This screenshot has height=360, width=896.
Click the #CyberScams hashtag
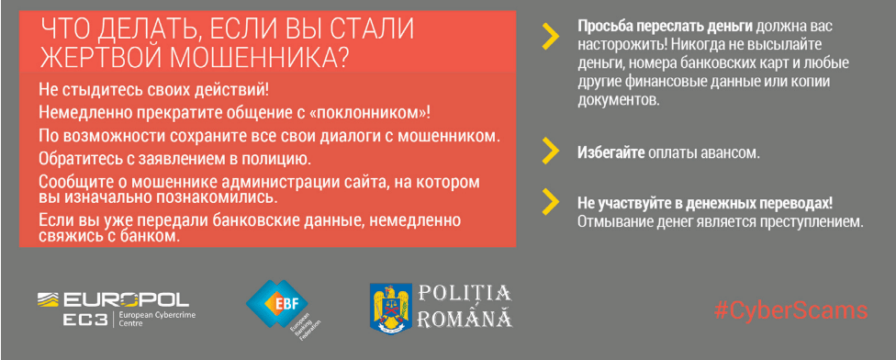coord(791,310)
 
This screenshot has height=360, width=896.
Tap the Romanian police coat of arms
coord(391,309)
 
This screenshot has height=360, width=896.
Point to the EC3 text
coord(85,321)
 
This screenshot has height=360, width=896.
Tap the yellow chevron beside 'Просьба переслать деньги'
coord(551,37)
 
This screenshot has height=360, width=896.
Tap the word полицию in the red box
coord(272,157)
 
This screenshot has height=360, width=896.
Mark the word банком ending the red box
coord(157,235)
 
